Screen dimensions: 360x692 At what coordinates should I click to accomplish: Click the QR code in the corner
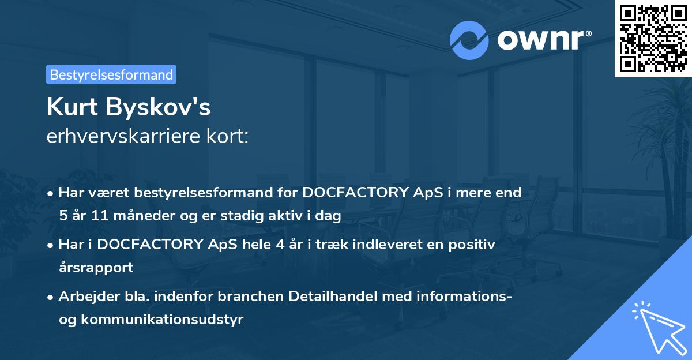point(653,38)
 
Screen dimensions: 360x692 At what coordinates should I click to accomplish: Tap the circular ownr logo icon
point(469,40)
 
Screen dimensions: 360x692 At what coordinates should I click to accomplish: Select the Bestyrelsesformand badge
point(111,74)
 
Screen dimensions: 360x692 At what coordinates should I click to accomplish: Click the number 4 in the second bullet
point(280,245)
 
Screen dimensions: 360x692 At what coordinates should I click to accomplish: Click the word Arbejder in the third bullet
point(83,297)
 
